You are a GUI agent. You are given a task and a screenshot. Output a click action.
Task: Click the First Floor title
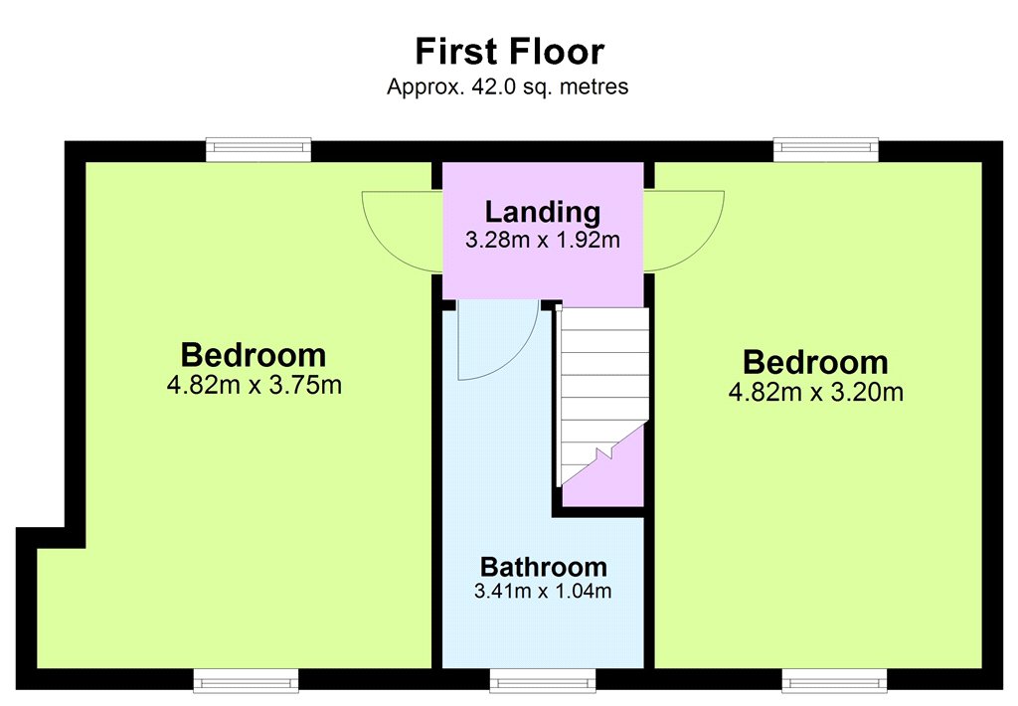pyautogui.click(x=510, y=52)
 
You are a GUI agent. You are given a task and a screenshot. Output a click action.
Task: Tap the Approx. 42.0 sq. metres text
pyautogui.click(x=508, y=87)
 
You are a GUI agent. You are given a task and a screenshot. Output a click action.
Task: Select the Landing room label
pyautogui.click(x=543, y=213)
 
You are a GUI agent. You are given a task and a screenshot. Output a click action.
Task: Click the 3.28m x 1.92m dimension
pyautogui.click(x=543, y=240)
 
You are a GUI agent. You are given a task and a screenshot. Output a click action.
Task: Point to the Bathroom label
pyautogui.click(x=544, y=567)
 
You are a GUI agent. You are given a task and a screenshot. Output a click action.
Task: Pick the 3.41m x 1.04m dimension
pyautogui.click(x=543, y=591)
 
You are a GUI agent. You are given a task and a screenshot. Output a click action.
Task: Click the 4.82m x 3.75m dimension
pyautogui.click(x=254, y=385)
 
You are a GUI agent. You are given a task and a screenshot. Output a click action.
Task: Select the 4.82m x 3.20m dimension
pyautogui.click(x=815, y=393)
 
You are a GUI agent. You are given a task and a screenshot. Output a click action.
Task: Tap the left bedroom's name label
pyautogui.click(x=254, y=355)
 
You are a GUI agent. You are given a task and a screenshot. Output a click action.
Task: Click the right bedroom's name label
pyautogui.click(x=815, y=362)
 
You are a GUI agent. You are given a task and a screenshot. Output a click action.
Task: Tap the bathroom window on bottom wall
pyautogui.click(x=543, y=681)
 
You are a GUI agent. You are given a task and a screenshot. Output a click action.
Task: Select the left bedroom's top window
pyautogui.click(x=258, y=149)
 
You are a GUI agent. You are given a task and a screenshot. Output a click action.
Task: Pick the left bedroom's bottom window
pyautogui.click(x=247, y=681)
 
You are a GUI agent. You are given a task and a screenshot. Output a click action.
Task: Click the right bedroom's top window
pyautogui.click(x=826, y=149)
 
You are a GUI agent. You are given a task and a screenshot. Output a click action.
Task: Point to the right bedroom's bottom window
pyautogui.click(x=834, y=681)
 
